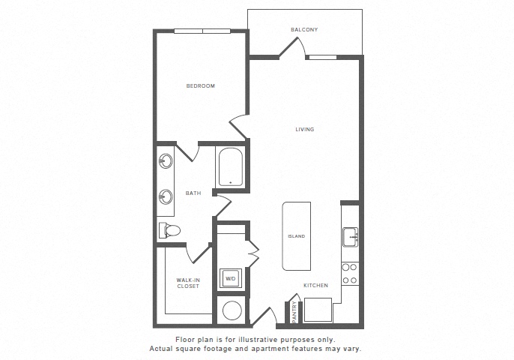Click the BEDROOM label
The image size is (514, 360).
pyautogui.click(x=201, y=86)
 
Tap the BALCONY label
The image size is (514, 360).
pyautogui.click(x=304, y=30)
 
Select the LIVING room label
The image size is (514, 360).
pyautogui.click(x=304, y=130)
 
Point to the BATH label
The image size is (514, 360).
pyautogui.click(x=193, y=193)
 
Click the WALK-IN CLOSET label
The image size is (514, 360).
pyautogui.click(x=188, y=283)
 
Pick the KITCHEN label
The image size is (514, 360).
pyautogui.click(x=315, y=285)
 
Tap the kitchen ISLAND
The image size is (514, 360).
pyautogui.click(x=296, y=236)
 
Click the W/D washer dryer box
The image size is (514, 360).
pyautogui.click(x=231, y=279)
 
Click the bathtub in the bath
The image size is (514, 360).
pyautogui.click(x=230, y=166)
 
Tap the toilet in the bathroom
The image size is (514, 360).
pyautogui.click(x=170, y=230)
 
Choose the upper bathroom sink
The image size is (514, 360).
pyautogui.click(x=166, y=160)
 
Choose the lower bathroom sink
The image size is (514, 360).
pyautogui.click(x=166, y=197)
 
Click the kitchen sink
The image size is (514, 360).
pyautogui.click(x=350, y=237)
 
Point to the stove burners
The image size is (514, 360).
pyautogui.click(x=350, y=274)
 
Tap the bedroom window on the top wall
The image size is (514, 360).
pyautogui.click(x=202, y=31)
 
